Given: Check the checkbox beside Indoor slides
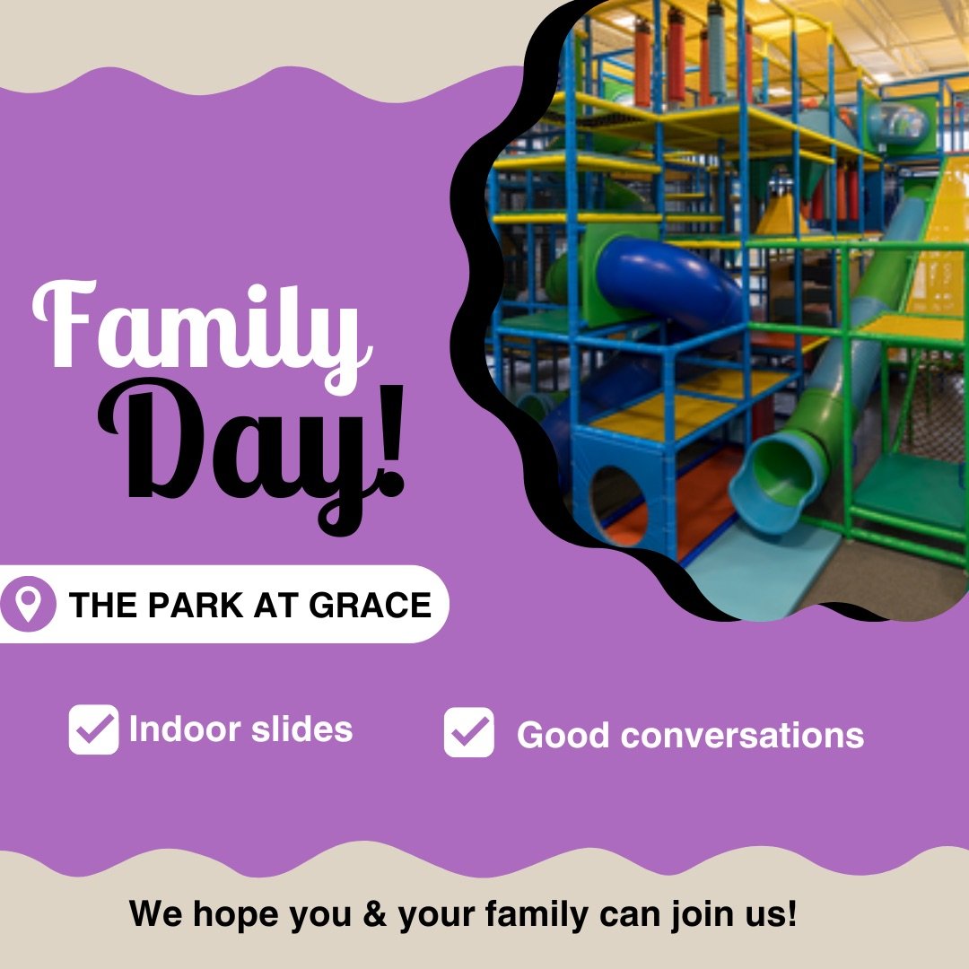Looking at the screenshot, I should click(93, 729).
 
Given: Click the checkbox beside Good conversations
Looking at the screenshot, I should click(468, 733).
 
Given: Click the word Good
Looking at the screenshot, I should click(563, 735).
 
